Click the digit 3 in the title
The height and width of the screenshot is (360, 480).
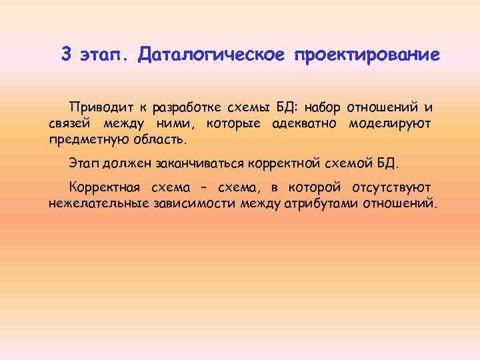pos(66,54)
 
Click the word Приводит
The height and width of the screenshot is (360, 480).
pos(101,107)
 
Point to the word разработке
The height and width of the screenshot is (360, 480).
pos(186,108)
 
